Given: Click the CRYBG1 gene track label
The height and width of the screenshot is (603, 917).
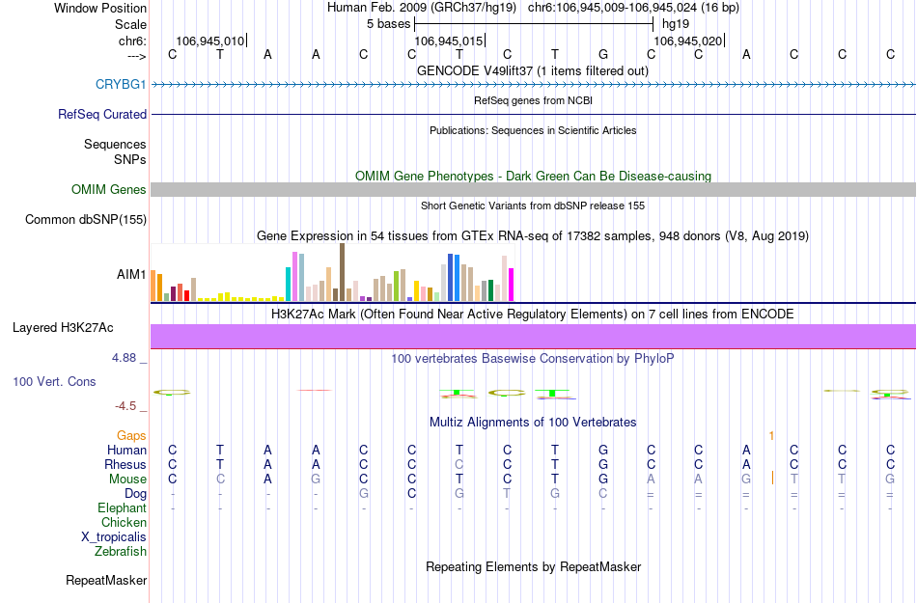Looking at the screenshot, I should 121,84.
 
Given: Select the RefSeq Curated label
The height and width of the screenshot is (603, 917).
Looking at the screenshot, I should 102,114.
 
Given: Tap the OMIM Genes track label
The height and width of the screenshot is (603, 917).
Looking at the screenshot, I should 109,190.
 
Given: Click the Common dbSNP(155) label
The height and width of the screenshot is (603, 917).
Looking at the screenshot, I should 86,220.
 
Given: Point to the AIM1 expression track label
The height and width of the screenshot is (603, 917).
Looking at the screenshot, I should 131,274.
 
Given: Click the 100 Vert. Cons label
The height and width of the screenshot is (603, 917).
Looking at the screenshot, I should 54,381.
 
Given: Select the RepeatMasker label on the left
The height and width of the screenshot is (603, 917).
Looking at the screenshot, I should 106,581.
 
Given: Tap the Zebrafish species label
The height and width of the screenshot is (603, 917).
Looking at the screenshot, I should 121,552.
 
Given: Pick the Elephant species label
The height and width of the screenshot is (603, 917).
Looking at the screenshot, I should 122,508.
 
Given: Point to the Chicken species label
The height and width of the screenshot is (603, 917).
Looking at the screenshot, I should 124,523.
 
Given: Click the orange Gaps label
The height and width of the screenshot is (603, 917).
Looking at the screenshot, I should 131,436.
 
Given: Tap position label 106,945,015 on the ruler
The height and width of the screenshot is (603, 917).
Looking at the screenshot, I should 447,41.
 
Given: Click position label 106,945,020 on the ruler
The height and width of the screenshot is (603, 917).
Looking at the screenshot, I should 687,41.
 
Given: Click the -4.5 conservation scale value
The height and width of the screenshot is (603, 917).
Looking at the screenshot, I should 125,406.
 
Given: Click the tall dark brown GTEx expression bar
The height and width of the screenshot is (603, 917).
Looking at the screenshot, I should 342,272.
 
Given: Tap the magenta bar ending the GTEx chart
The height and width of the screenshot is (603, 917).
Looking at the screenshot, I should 512,285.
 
